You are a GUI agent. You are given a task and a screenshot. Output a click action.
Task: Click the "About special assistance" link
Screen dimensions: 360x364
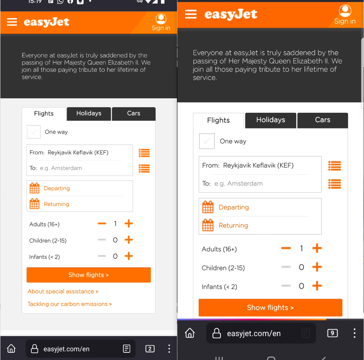pos(63,291)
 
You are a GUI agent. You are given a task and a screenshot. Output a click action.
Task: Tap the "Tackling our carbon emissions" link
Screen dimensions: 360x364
pos(69,304)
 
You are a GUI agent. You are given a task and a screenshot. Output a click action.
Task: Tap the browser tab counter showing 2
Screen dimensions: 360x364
pos(150,349)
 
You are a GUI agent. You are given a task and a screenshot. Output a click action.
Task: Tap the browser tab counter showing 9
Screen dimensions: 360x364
pos(332,333)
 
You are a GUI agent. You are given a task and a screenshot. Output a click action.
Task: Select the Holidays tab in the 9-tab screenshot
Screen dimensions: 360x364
pos(270,120)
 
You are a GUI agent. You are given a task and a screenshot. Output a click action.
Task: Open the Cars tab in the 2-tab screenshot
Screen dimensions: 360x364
pos(134,114)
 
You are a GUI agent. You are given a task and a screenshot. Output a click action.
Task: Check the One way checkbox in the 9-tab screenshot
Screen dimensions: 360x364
pos(207,141)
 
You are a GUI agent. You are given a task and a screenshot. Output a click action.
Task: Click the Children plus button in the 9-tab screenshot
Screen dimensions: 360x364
pos(317,267)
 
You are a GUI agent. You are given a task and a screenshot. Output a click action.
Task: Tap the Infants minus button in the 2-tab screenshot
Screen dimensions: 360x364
pos(102,256)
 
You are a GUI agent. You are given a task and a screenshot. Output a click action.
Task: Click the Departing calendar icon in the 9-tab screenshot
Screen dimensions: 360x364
pos(208,207)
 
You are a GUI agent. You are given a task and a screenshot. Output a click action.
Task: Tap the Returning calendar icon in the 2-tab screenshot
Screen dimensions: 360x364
pos(35,204)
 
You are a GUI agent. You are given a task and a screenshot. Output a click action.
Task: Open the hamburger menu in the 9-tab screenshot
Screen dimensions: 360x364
pos(191,14)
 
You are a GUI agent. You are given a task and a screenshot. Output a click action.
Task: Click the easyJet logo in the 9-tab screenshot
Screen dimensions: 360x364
pos(231,14)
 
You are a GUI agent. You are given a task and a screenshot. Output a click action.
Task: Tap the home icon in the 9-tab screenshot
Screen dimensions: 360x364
pos(189,333)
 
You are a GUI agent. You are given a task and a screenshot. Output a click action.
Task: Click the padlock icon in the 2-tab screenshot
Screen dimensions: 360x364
pos(35,349)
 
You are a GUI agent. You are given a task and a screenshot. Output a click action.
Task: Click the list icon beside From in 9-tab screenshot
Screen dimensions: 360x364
pos(334,165)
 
